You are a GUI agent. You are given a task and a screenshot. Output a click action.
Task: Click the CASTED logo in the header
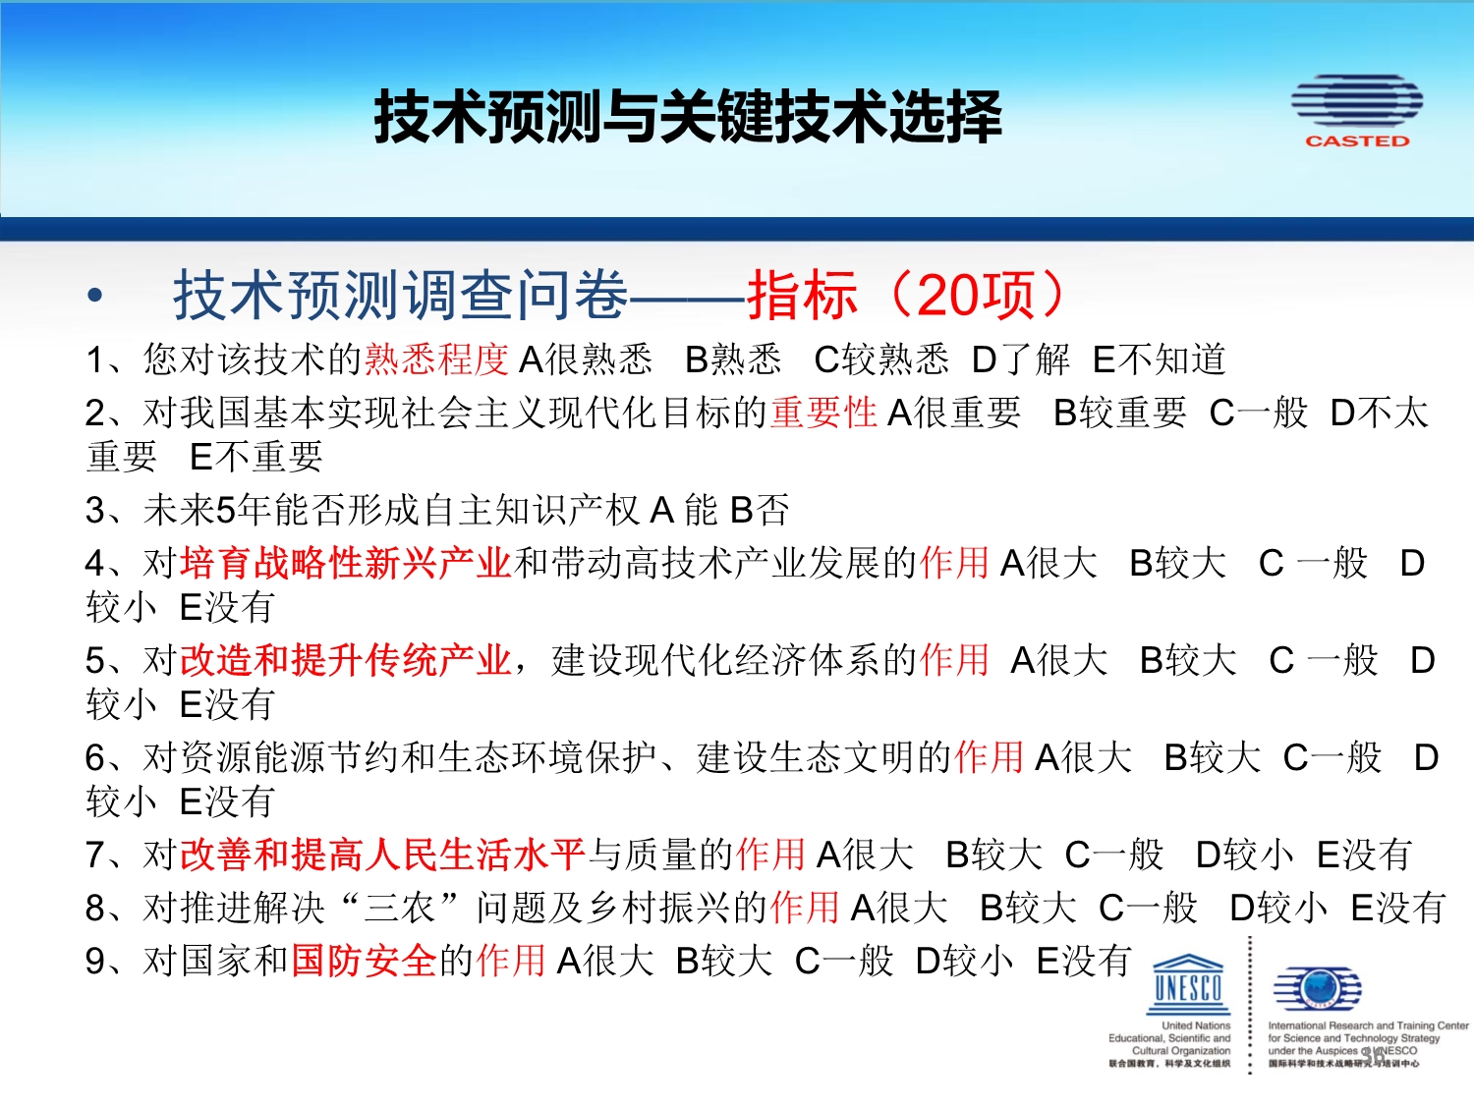(1356, 111)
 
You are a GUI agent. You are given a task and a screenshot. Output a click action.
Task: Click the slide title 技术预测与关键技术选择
(688, 118)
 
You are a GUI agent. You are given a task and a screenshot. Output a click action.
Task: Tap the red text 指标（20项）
(906, 295)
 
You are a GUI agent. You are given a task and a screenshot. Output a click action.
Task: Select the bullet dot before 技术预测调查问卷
(94, 295)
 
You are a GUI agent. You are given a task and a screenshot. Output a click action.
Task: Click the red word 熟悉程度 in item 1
(436, 359)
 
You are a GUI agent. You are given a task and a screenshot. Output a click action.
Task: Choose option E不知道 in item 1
(1159, 359)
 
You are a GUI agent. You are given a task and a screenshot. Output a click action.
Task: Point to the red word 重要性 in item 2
(823, 412)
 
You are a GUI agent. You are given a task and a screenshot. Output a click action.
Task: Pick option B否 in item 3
(760, 510)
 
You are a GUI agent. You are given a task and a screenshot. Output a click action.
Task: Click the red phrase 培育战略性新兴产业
(346, 562)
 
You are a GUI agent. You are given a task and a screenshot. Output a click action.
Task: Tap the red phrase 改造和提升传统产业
(346, 659)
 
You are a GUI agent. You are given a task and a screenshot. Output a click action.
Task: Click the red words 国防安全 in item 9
(364, 960)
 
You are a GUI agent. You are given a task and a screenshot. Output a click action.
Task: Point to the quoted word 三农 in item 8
(400, 908)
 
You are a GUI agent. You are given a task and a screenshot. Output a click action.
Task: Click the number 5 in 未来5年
(226, 511)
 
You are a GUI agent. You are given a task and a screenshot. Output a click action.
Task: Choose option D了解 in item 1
(1021, 359)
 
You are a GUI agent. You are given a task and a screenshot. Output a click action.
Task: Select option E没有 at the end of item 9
(1084, 960)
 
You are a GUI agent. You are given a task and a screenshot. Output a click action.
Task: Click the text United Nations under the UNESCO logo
(1196, 1025)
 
